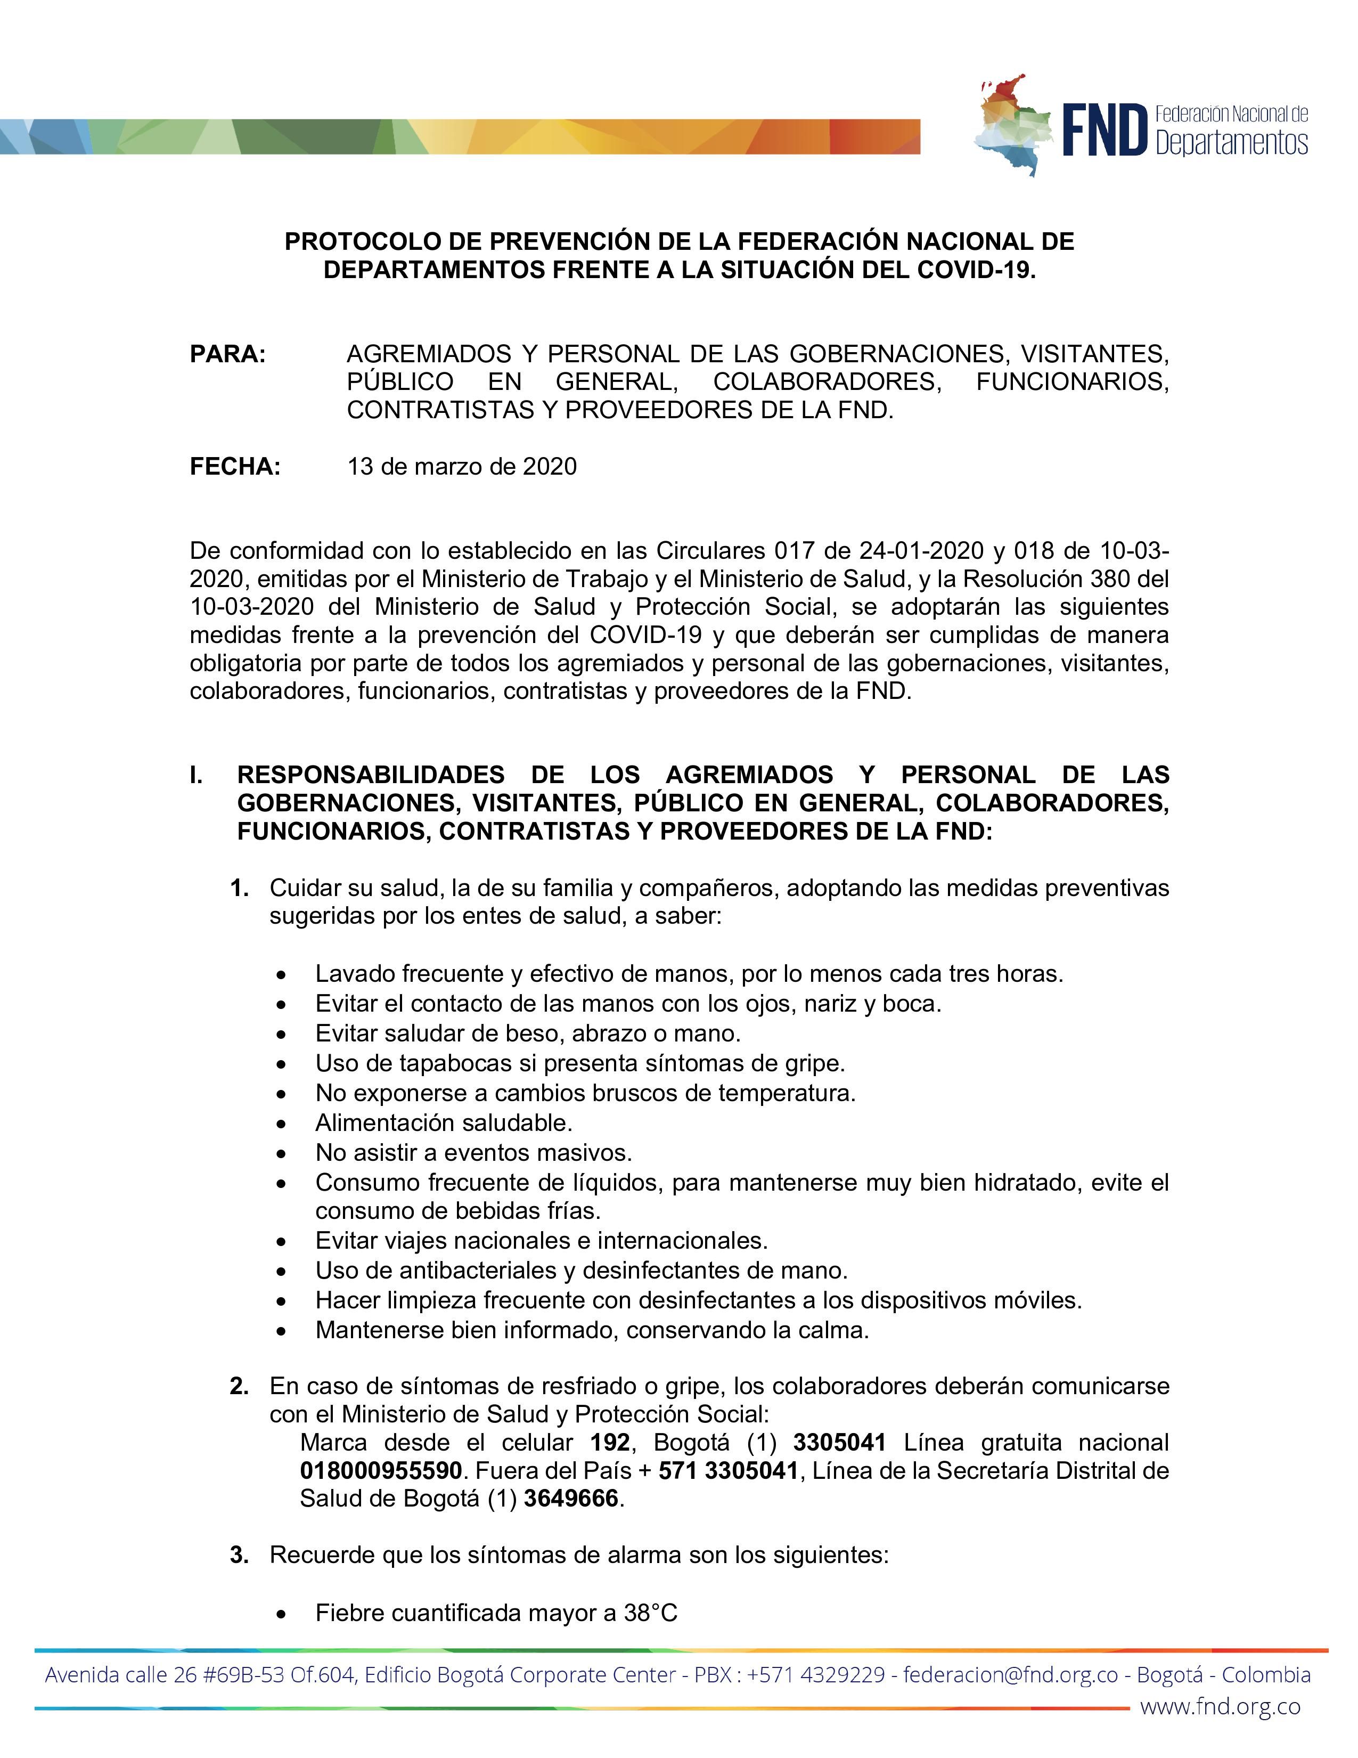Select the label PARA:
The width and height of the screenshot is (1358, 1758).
pos(228,354)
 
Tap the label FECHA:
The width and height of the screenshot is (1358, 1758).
pos(235,467)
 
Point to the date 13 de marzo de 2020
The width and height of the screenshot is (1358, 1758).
pos(462,467)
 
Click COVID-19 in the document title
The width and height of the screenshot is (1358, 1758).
pos(975,270)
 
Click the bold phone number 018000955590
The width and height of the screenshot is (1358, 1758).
pos(381,1471)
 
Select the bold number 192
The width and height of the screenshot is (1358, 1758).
pos(610,1443)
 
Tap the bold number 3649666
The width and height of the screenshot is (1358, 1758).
pos(571,1499)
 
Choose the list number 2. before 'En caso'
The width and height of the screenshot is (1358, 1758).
pos(239,1386)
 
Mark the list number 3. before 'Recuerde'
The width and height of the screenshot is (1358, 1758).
pos(239,1555)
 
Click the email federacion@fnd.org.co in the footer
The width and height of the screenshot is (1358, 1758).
pos(1010,1675)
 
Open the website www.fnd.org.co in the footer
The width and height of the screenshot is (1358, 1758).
pos(1220,1706)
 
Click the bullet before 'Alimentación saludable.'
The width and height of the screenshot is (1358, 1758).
pos(280,1124)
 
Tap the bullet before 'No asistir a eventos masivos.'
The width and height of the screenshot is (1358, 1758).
pos(280,1153)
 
